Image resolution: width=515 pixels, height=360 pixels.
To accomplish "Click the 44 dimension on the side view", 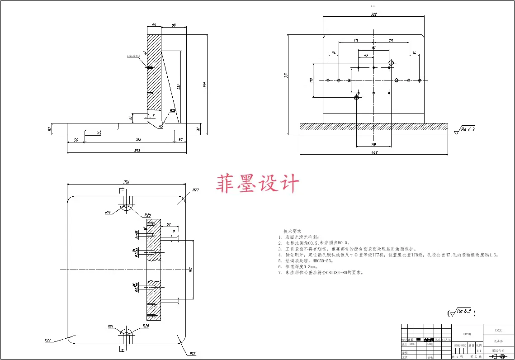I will click(154, 24).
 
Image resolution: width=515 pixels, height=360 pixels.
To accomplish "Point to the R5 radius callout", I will click(161, 126).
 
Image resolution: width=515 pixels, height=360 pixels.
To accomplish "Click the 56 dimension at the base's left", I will click(76, 140).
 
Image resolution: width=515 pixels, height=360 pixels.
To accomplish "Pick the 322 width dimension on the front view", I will click(373, 14).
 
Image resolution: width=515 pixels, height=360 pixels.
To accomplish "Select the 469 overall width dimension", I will click(374, 152).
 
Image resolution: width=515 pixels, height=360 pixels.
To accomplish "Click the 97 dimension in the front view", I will click(374, 47).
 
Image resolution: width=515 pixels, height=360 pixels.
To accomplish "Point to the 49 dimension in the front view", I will click(366, 56).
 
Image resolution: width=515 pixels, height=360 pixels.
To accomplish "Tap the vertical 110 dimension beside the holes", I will click(311, 80).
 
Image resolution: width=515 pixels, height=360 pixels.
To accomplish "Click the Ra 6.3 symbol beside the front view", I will click(467, 130).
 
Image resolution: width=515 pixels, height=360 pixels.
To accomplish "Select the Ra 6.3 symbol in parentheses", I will click(462, 312).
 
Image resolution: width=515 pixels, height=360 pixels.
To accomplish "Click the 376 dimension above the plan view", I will click(126, 182).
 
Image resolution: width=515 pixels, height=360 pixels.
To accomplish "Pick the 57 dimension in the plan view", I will click(169, 224).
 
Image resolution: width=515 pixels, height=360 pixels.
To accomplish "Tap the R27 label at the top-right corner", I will click(195, 190).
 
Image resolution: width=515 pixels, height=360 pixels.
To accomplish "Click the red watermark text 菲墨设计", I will click(258, 185).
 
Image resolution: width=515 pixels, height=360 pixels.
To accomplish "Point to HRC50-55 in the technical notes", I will click(322, 261).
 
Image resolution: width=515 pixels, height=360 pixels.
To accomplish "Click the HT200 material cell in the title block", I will click(467, 334).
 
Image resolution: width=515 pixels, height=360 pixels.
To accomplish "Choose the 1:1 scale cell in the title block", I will click(479, 351).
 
